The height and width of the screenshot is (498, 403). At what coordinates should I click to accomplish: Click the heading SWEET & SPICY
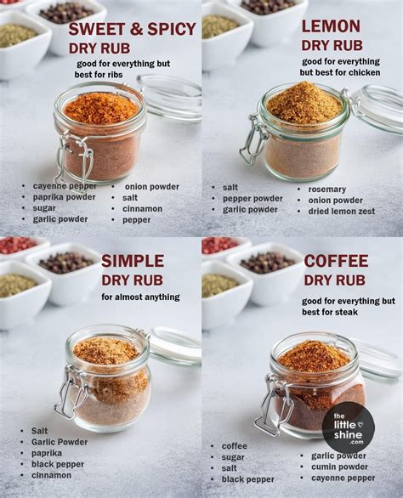[132, 30]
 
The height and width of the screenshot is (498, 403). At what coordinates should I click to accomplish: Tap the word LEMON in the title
[331, 26]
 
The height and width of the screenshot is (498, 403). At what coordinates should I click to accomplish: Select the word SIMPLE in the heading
[133, 260]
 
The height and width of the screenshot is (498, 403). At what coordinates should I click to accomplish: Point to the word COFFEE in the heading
[336, 260]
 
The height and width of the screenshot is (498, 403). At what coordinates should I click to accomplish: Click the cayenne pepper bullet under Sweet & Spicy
[65, 186]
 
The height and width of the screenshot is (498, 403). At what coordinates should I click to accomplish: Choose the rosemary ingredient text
[326, 189]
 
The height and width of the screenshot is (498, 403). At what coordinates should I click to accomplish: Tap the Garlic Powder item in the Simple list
[60, 442]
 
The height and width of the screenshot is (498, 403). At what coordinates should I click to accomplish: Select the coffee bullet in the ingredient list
[235, 446]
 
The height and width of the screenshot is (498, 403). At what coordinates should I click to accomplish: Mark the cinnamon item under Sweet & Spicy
[142, 208]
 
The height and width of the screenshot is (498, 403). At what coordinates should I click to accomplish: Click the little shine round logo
[348, 428]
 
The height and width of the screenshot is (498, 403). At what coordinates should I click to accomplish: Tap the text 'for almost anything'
[140, 297]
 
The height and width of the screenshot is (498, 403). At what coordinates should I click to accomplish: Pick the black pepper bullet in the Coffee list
[248, 479]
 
